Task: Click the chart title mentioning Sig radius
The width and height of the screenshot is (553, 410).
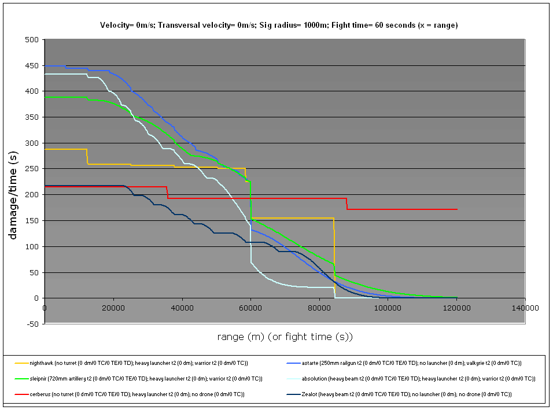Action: [x=279, y=25]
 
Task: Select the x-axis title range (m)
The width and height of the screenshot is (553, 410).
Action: [x=285, y=337]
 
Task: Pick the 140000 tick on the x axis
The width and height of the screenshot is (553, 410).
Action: [x=525, y=308]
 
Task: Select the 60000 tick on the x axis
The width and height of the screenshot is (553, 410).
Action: [x=250, y=308]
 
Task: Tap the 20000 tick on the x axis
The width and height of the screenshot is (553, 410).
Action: [x=113, y=308]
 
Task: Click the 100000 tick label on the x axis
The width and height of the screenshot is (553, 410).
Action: [x=388, y=308]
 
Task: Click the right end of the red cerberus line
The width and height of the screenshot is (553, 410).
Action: [x=457, y=209]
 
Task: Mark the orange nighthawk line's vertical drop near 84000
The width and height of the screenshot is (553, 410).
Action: [x=334, y=254]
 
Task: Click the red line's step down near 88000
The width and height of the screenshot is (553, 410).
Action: [x=346, y=204]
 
